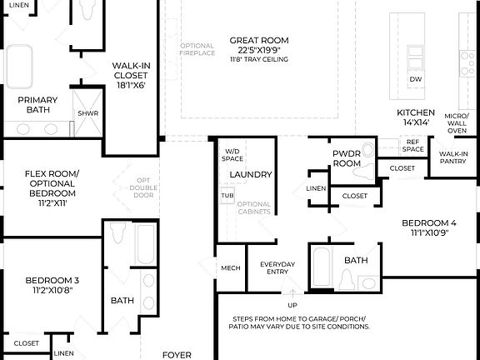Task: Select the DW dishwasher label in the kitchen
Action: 414,80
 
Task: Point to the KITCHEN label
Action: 415,112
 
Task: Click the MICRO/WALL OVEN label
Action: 456,122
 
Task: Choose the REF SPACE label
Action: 413,146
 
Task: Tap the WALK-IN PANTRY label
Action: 453,157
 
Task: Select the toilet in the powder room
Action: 361,173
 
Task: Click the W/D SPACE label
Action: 232,154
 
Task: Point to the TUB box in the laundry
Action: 227,196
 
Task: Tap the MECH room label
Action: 230,267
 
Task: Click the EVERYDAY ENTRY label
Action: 277,268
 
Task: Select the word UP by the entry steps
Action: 292,292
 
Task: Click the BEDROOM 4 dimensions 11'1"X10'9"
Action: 429,233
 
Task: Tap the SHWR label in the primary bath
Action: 87,112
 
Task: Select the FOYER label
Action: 177,354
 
